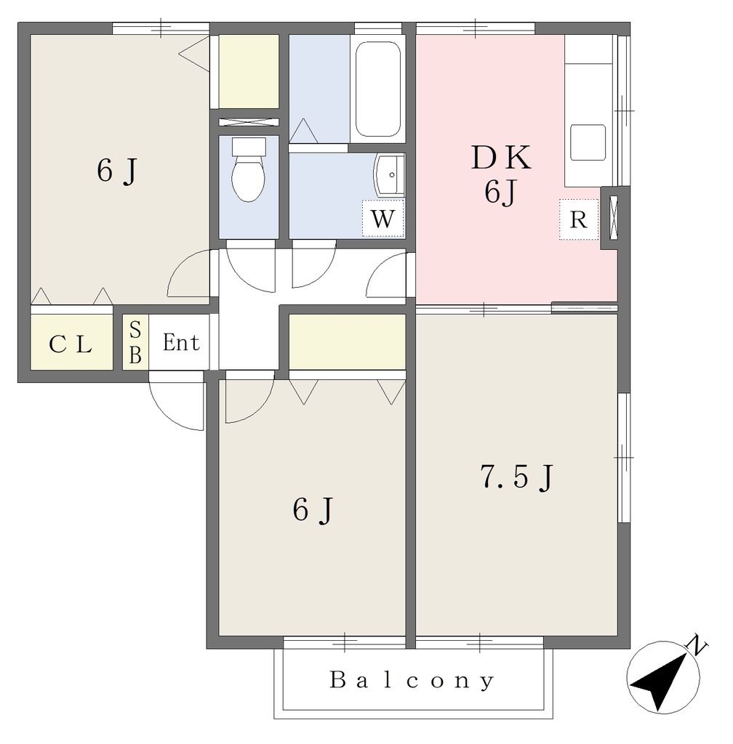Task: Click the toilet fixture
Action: pyautogui.click(x=249, y=170)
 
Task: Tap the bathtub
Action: pyautogui.click(x=378, y=89)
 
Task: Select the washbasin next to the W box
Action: pyautogui.click(x=389, y=174)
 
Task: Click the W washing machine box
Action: pyautogui.click(x=382, y=218)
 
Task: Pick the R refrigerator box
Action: pyautogui.click(x=578, y=219)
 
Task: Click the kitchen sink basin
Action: pyautogui.click(x=588, y=142)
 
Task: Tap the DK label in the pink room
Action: pyautogui.click(x=501, y=158)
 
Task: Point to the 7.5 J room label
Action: pyautogui.click(x=518, y=477)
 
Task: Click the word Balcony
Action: pyautogui.click(x=412, y=680)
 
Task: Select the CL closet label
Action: pyautogui.click(x=71, y=344)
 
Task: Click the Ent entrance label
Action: pyautogui.click(x=181, y=343)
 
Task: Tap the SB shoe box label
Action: pyautogui.click(x=135, y=342)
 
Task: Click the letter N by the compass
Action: pyautogui.click(x=697, y=645)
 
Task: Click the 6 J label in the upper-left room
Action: pyautogui.click(x=117, y=171)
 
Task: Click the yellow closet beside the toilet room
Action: pyautogui.click(x=248, y=71)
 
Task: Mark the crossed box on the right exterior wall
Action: pyautogui.click(x=614, y=217)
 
